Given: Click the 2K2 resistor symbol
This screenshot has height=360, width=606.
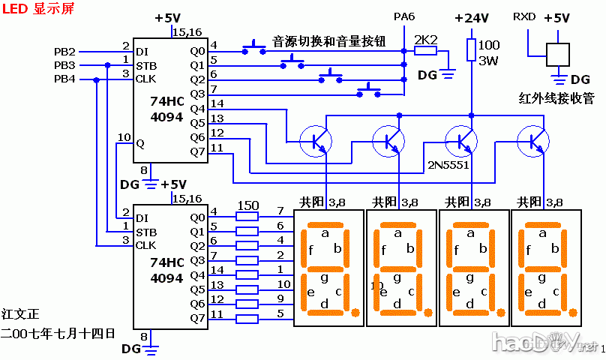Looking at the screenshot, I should (x=426, y=51).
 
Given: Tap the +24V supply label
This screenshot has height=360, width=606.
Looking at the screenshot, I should (x=472, y=18).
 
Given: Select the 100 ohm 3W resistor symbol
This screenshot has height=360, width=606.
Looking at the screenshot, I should (x=472, y=49).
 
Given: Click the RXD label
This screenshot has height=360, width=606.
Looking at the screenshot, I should (x=524, y=16).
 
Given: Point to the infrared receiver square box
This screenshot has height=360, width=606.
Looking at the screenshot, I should (x=557, y=55).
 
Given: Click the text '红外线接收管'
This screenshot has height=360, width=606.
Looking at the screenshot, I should (x=556, y=97).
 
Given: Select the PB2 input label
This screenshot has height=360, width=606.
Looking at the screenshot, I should (x=64, y=52).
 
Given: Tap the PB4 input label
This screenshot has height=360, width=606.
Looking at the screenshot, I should (x=64, y=79).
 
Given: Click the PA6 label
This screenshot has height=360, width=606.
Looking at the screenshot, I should (x=404, y=16).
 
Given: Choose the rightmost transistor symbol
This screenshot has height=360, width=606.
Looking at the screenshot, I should (x=534, y=139).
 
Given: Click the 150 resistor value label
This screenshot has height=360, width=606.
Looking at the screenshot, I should (x=247, y=205).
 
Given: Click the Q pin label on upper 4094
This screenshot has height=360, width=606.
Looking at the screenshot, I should (x=139, y=142).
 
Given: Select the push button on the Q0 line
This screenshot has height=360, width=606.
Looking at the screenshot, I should (x=255, y=50).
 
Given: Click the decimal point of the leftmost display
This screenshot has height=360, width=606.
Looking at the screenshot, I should (x=355, y=312).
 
